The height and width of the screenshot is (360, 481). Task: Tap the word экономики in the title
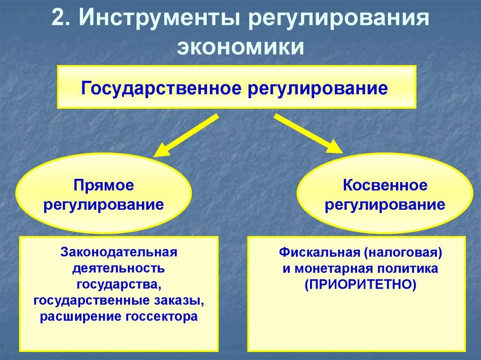click(240, 47)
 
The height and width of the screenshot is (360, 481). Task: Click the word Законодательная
click(118, 253)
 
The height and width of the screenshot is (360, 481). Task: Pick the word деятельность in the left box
click(118, 269)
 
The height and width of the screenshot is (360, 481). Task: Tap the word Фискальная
click(319, 253)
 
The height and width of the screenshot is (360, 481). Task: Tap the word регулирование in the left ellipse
click(103, 205)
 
